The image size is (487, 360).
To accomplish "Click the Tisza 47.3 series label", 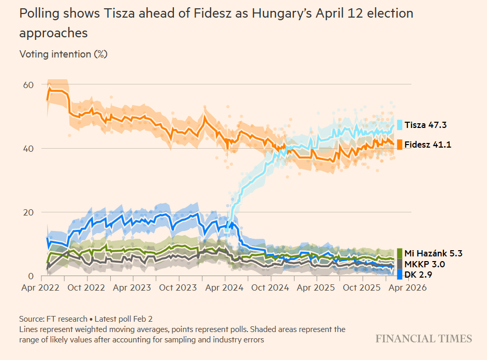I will [x=425, y=125].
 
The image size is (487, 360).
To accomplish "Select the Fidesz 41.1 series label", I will [x=427, y=145].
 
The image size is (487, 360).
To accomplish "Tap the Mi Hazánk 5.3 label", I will [x=433, y=253].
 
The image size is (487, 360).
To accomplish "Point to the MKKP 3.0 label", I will [x=424, y=264].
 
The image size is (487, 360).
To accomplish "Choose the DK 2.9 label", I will [x=418, y=275].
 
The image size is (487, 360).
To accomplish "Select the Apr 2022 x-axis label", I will [x=47, y=287].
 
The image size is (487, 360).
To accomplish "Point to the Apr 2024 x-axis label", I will [x=225, y=287].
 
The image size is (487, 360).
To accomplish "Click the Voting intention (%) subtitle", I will [x=63, y=54].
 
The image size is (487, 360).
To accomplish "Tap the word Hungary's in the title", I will [x=279, y=13].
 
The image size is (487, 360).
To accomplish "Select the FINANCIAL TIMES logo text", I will [x=424, y=339].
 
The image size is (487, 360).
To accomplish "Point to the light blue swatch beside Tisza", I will [x=400, y=125].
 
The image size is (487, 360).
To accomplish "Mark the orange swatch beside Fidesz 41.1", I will [x=400, y=145].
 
